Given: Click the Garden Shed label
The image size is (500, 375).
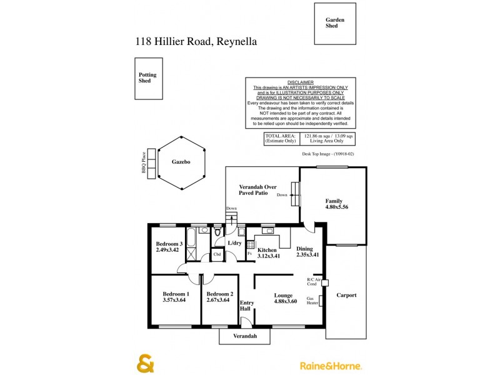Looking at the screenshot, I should [335, 23].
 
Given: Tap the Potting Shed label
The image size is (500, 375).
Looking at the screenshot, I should [147, 77].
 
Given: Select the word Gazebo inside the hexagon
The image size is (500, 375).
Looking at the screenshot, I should [181, 161].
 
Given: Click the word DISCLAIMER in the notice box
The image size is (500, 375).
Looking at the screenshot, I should [300, 82].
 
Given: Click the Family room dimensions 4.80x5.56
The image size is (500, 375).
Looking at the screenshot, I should [333, 207].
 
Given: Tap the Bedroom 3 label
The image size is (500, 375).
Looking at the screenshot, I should [169, 244].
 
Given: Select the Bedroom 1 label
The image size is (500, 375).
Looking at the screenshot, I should [176, 294].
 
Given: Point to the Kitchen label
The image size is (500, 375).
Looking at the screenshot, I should [267, 249].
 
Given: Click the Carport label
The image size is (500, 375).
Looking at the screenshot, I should [346, 295].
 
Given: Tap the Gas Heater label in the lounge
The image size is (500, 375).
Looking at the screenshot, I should [312, 301].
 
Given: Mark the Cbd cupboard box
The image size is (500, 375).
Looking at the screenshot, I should [217, 254].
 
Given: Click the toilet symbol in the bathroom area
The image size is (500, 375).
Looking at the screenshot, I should [217, 233].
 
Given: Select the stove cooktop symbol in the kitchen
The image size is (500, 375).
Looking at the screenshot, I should [250, 244].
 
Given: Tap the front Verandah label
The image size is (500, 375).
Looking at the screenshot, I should [246, 336].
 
